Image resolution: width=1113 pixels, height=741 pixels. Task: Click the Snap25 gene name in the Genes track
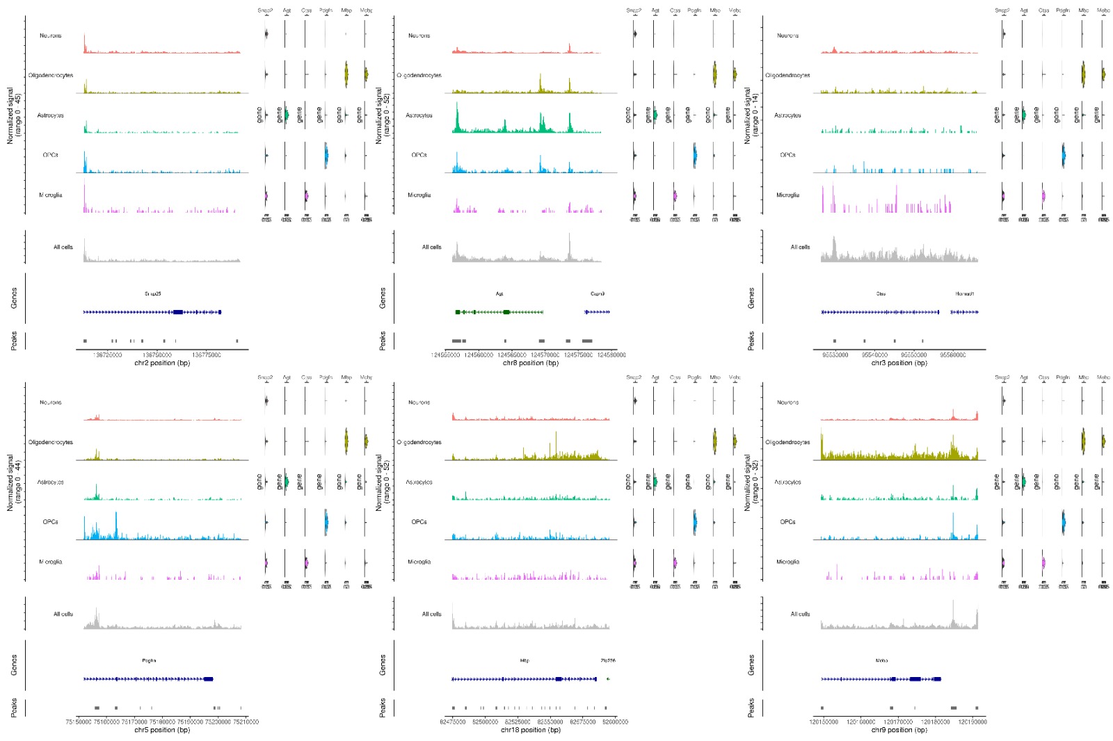(153, 294)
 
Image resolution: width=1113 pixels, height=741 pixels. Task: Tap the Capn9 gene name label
(598, 294)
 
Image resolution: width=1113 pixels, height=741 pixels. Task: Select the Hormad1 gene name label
(964, 294)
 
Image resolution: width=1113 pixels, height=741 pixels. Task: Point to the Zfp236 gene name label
(608, 661)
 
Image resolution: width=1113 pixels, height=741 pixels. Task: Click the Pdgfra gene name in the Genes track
(149, 661)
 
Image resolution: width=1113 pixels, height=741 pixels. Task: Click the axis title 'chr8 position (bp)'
(531, 363)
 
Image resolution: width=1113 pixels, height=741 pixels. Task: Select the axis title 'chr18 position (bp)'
(531, 730)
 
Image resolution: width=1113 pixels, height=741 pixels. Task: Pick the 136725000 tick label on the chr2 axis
(108, 355)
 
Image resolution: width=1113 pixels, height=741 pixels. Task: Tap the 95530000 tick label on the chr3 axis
(835, 355)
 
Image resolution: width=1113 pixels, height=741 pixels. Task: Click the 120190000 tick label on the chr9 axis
(972, 722)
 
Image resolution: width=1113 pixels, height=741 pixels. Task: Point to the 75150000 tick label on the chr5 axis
(78, 722)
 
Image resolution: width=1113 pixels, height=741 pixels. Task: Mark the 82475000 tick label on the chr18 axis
(453, 722)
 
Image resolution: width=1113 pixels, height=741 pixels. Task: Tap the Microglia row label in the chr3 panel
(787, 195)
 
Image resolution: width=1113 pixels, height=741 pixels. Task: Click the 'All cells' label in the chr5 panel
(63, 614)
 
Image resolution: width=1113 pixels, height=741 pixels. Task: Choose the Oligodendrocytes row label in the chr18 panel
(419, 442)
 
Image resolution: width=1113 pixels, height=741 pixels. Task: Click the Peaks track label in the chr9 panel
(751, 708)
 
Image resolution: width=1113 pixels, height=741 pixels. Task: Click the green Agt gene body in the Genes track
(499, 312)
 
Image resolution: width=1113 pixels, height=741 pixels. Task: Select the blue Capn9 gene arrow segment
(598, 312)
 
